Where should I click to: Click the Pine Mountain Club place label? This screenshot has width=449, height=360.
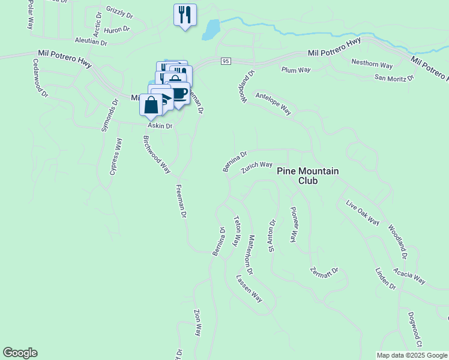(308, 176)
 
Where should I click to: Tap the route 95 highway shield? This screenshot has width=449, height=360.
(226, 61)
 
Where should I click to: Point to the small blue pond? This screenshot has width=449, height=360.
(211, 29)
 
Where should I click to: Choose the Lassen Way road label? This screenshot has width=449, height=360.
(249, 289)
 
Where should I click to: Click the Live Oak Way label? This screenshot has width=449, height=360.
(363, 213)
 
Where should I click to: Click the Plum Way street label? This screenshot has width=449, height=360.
(296, 70)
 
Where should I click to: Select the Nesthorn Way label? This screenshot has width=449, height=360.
(372, 64)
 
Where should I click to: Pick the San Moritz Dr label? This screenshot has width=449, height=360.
(394, 77)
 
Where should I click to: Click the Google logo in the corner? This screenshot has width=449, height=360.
(20, 353)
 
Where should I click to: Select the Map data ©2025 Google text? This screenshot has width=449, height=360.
(412, 355)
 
